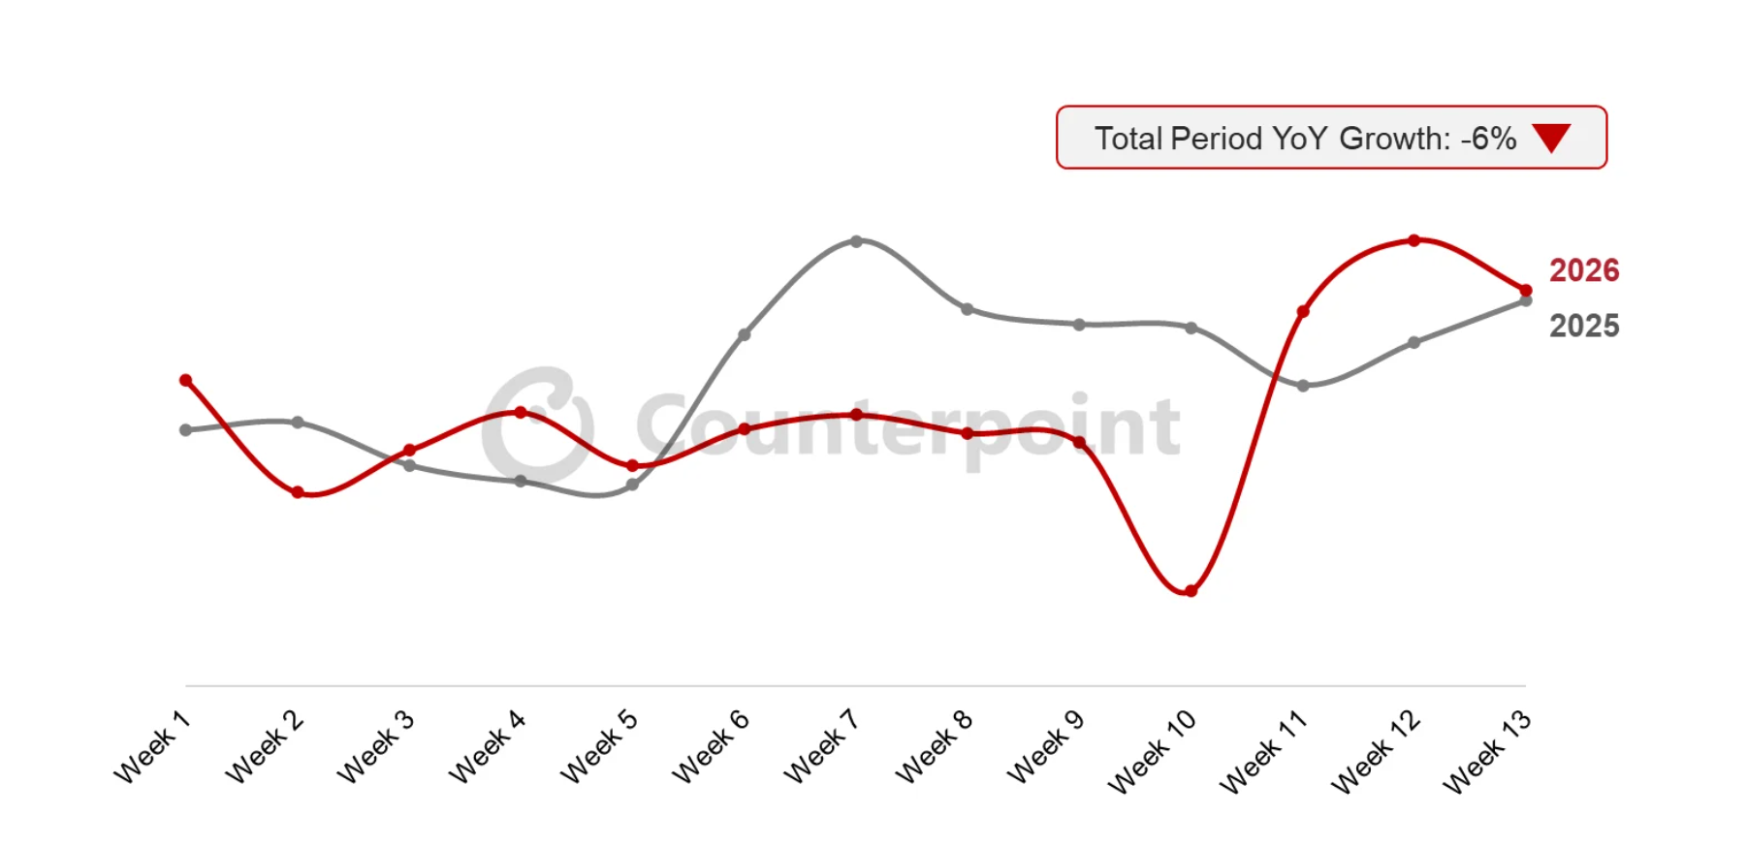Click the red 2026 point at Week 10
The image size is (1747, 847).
pyautogui.click(x=1191, y=591)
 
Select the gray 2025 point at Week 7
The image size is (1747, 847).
pyautogui.click(x=856, y=241)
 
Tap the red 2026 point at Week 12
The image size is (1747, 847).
pyautogui.click(x=1413, y=240)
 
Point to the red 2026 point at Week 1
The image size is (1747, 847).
pyautogui.click(x=186, y=381)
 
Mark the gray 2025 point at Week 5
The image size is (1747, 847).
pyautogui.click(x=632, y=485)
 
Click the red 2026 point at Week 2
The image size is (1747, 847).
pyautogui.click(x=298, y=492)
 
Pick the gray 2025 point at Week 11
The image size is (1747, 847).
pyautogui.click(x=1303, y=386)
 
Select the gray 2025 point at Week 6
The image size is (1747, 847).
pyautogui.click(x=744, y=335)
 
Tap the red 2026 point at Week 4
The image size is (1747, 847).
pyautogui.click(x=521, y=413)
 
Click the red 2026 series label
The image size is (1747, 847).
pyautogui.click(x=1583, y=270)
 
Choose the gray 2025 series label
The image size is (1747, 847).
pyautogui.click(x=1583, y=326)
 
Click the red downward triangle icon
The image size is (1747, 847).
pyautogui.click(x=1551, y=138)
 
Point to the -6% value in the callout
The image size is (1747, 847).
pyautogui.click(x=1488, y=139)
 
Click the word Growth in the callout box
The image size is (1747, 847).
pyautogui.click(x=1394, y=139)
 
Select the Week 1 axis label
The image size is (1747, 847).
pyautogui.click(x=152, y=746)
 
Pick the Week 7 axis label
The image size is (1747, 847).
pyautogui.click(x=821, y=746)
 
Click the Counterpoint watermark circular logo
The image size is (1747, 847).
pyautogui.click(x=538, y=424)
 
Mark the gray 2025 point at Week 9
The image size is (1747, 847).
pyautogui.click(x=1079, y=325)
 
